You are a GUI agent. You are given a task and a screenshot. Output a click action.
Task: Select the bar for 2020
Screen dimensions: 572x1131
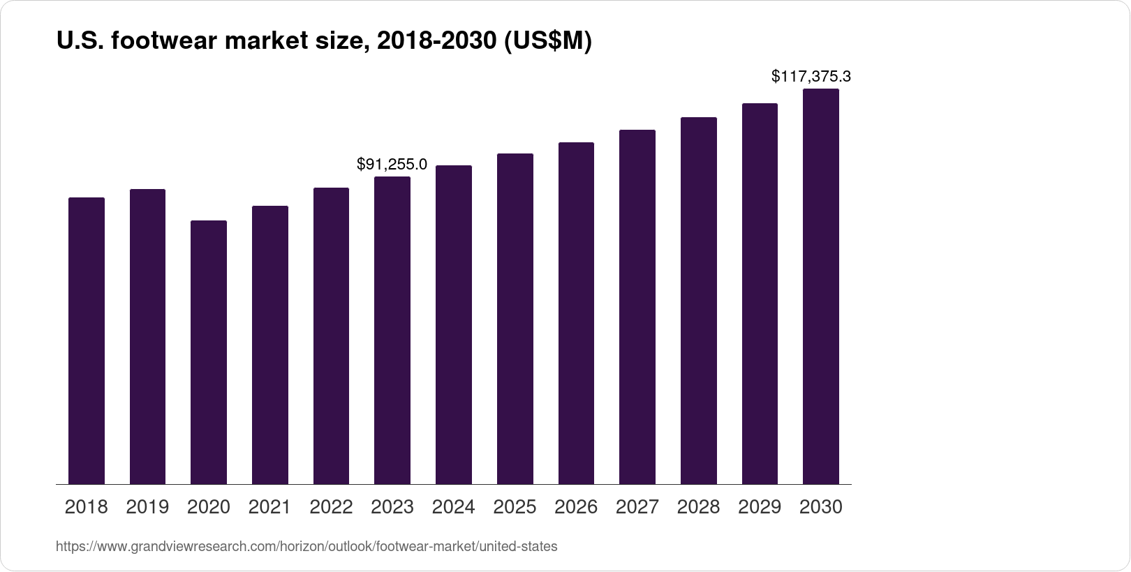tap(209, 352)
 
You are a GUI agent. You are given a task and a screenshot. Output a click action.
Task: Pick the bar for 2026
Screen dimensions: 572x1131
tap(576, 313)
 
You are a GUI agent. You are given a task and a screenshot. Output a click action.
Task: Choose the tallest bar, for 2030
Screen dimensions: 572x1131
tap(821, 286)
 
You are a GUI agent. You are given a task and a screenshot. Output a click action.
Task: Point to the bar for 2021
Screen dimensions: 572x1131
tap(270, 345)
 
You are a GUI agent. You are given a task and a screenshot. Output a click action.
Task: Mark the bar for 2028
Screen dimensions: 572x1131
tap(699, 301)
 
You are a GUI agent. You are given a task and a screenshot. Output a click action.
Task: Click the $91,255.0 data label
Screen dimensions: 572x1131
tap(392, 164)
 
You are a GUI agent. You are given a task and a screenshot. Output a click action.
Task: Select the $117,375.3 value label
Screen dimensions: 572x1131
tap(811, 76)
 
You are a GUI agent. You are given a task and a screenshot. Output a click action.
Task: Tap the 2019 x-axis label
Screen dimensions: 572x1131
tap(147, 507)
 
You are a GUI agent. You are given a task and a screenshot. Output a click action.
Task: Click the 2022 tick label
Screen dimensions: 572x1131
tap(331, 507)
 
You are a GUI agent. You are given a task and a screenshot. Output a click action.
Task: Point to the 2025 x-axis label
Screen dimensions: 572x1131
tap(515, 507)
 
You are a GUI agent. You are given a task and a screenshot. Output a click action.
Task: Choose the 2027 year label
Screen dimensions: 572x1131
tap(637, 507)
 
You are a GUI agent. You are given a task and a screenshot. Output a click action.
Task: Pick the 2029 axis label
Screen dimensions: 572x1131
tap(760, 507)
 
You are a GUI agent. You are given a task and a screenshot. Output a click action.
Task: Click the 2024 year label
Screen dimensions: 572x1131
tap(453, 507)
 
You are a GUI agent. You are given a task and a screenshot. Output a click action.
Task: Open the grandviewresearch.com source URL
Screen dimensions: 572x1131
tap(306, 546)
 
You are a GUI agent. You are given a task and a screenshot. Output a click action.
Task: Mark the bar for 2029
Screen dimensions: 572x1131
tap(760, 294)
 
